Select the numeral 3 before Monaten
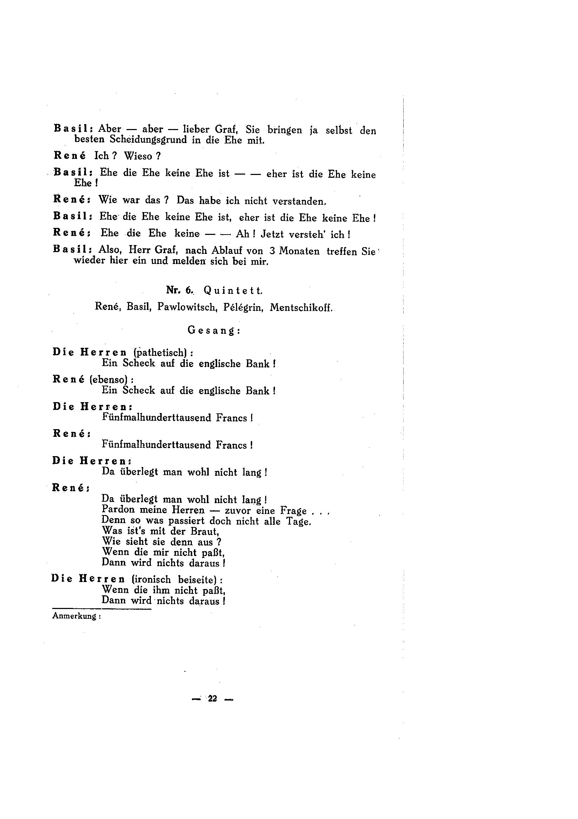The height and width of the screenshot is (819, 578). (272, 251)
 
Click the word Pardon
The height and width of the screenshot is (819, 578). (118, 510)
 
